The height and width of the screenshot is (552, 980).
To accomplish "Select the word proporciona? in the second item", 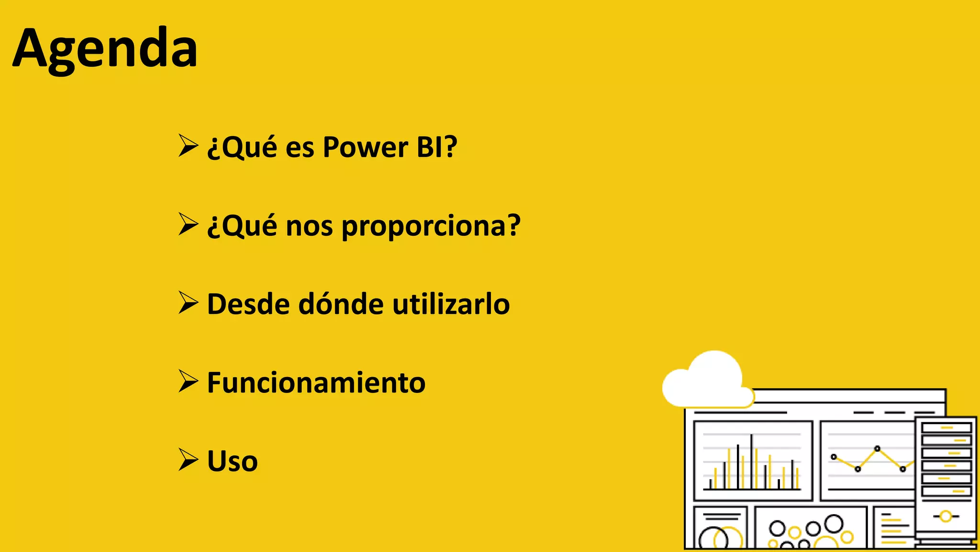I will pos(431,226).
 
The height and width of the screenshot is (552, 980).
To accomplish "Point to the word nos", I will pos(309,226).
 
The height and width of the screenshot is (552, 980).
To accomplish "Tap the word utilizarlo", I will pos(451,304).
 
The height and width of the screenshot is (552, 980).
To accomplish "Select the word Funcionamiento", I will pos(316,383).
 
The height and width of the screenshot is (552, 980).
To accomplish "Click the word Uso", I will pos(232,461).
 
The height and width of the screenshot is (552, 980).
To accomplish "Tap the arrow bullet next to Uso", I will pos(188,460).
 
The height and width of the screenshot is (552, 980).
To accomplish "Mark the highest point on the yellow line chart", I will pos(877,449).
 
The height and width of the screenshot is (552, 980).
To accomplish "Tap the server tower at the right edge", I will pos(946,479).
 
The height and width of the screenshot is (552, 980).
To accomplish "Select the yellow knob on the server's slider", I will pos(946,516).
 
